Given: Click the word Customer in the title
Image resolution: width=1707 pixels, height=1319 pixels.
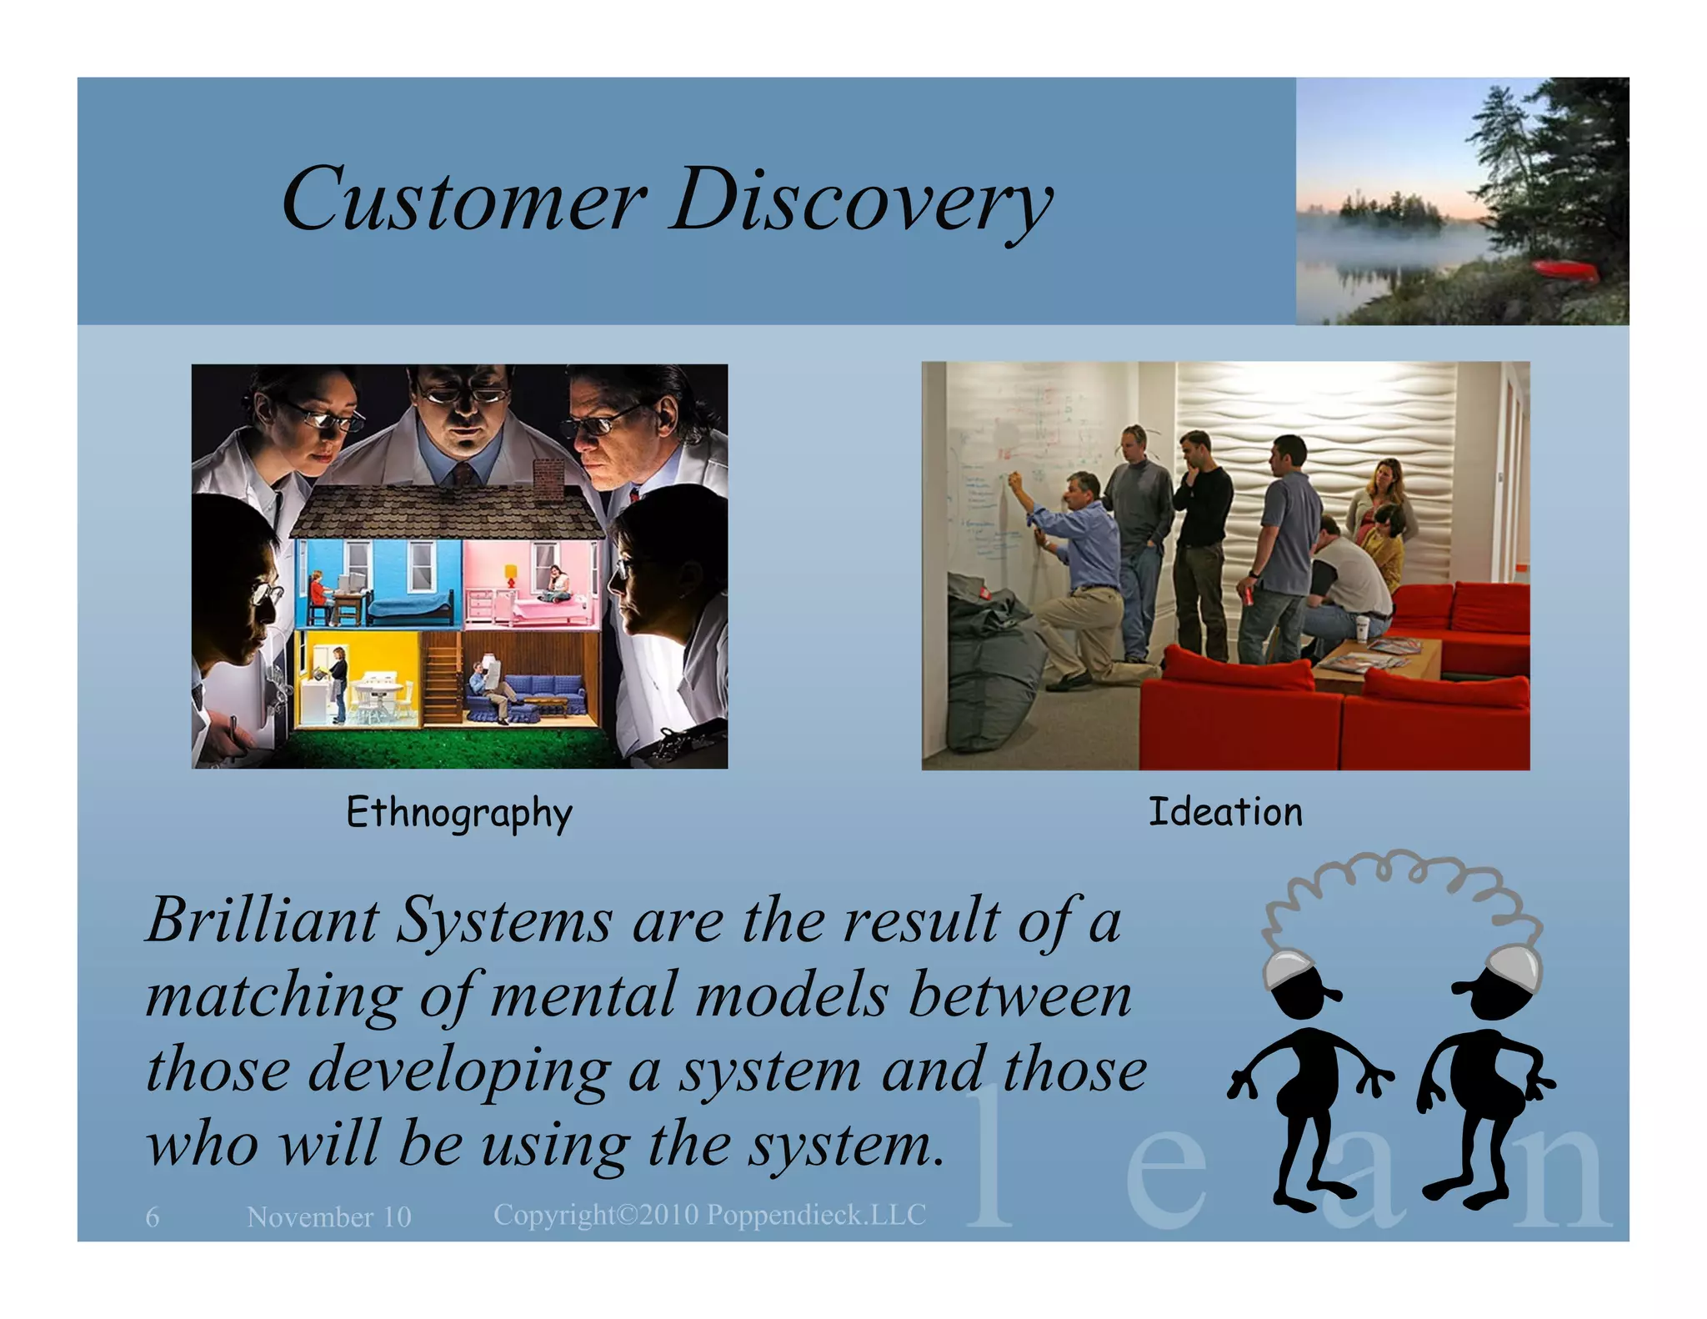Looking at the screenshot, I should coord(463,200).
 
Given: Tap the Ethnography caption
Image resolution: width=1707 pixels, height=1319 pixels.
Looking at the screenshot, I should coord(459,813).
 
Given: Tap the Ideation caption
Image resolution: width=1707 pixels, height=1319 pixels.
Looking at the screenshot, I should coord(1224,812).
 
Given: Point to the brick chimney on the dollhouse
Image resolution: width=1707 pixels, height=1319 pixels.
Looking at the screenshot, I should coord(548,479).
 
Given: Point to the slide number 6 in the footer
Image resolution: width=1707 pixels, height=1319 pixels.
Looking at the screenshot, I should coord(152,1217).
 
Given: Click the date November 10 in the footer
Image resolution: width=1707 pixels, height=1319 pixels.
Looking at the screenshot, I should coord(329,1217).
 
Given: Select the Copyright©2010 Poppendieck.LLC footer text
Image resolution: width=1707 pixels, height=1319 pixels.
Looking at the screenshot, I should coord(709,1215).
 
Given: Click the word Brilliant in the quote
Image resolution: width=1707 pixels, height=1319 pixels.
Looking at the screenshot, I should coord(263,920).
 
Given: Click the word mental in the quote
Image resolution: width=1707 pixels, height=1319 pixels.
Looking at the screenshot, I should coord(583,996).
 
